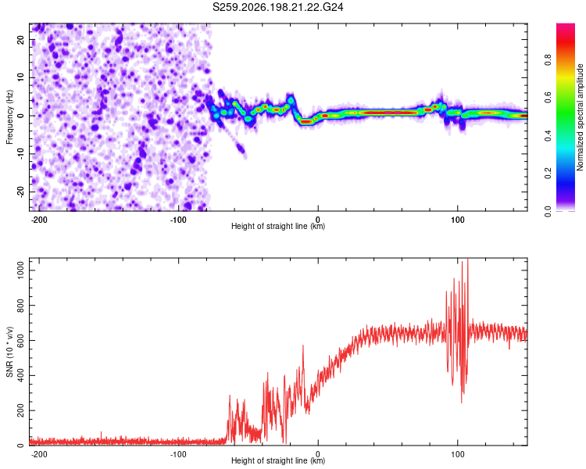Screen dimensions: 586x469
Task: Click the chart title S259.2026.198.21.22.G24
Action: (x=277, y=7)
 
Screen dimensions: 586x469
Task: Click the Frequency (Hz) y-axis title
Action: (x=9, y=117)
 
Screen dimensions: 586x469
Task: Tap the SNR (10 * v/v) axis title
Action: (x=9, y=352)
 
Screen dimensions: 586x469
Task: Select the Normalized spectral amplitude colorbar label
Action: (x=580, y=117)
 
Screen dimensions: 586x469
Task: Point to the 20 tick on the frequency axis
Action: (x=21, y=39)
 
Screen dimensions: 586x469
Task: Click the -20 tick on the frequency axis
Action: (x=21, y=192)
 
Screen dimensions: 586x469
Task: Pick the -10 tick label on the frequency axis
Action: (x=21, y=154)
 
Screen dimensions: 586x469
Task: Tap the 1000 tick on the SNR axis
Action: (x=21, y=270)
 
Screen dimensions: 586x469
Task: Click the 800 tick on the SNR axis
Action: (x=21, y=305)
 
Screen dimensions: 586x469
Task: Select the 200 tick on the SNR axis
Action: (x=21, y=410)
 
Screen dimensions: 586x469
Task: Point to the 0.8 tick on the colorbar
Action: (x=548, y=59)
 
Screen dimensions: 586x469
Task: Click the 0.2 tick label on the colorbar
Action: (x=548, y=174)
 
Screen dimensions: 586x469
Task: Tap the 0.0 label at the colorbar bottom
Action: (x=548, y=211)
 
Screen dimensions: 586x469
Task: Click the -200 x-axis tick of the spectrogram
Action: (x=38, y=220)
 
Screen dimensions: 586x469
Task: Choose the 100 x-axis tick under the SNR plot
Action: (x=457, y=454)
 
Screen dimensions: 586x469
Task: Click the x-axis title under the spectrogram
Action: (x=278, y=226)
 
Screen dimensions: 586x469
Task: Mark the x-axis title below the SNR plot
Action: (x=278, y=460)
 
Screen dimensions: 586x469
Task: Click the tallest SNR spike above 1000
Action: (x=467, y=260)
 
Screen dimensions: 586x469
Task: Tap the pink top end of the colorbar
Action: (x=566, y=26)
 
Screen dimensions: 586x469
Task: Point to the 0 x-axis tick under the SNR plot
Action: (x=318, y=454)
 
